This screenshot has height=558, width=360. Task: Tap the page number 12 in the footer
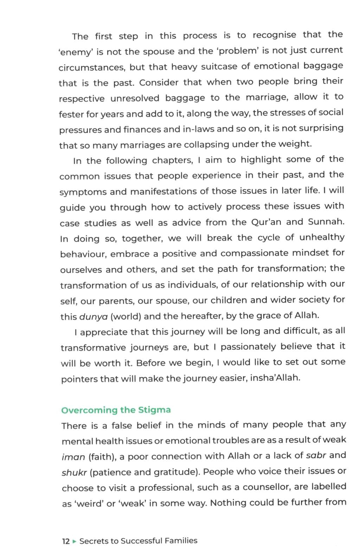click(66, 541)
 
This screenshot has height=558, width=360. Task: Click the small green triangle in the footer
click(74, 541)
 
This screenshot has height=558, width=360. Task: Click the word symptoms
click(83, 192)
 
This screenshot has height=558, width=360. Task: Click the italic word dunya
click(94, 317)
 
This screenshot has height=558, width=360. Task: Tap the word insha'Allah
click(275, 378)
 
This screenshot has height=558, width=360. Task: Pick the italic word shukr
click(74, 473)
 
